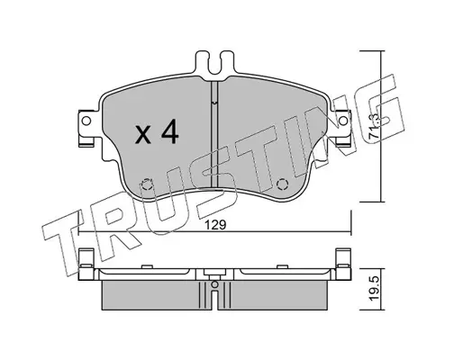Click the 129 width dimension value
click(214, 225)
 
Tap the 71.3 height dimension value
click(375, 126)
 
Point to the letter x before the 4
click(143, 135)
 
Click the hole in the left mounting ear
click(86, 121)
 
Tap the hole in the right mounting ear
click(342, 121)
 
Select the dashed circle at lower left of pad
click(147, 184)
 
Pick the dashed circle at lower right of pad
click(282, 184)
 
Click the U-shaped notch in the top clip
click(214, 64)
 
